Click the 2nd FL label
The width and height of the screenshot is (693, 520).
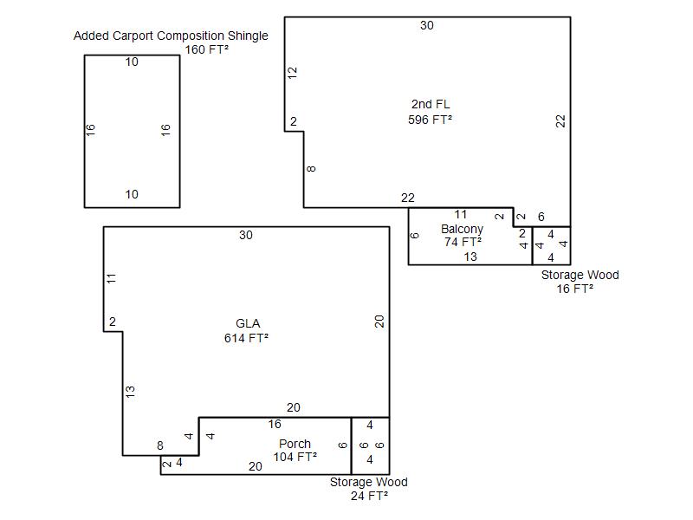tap(431, 105)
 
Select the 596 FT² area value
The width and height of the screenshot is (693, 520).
tap(431, 120)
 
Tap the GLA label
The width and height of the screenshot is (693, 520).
tap(248, 323)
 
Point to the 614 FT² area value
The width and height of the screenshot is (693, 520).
tap(246, 339)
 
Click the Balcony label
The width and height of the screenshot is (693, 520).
tap(462, 229)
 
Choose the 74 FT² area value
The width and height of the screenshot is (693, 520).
tap(463, 243)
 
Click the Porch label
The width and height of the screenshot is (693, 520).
tap(295, 444)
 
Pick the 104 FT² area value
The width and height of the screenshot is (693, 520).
tap(295, 458)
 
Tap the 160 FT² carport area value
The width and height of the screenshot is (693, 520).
tap(207, 49)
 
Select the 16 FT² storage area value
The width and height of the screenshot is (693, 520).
tap(575, 289)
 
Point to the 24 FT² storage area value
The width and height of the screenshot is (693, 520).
tap(369, 496)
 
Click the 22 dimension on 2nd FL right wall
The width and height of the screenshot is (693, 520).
tap(561, 121)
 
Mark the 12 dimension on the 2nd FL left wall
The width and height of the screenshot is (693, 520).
tap(293, 74)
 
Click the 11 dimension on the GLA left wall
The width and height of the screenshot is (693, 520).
tap(112, 278)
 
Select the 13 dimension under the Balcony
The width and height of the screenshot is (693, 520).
tap(470, 257)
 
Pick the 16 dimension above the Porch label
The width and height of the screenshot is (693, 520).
tap(275, 425)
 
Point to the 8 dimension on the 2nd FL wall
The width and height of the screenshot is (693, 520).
tap(312, 168)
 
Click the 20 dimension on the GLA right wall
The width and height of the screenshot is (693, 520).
tap(379, 322)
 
